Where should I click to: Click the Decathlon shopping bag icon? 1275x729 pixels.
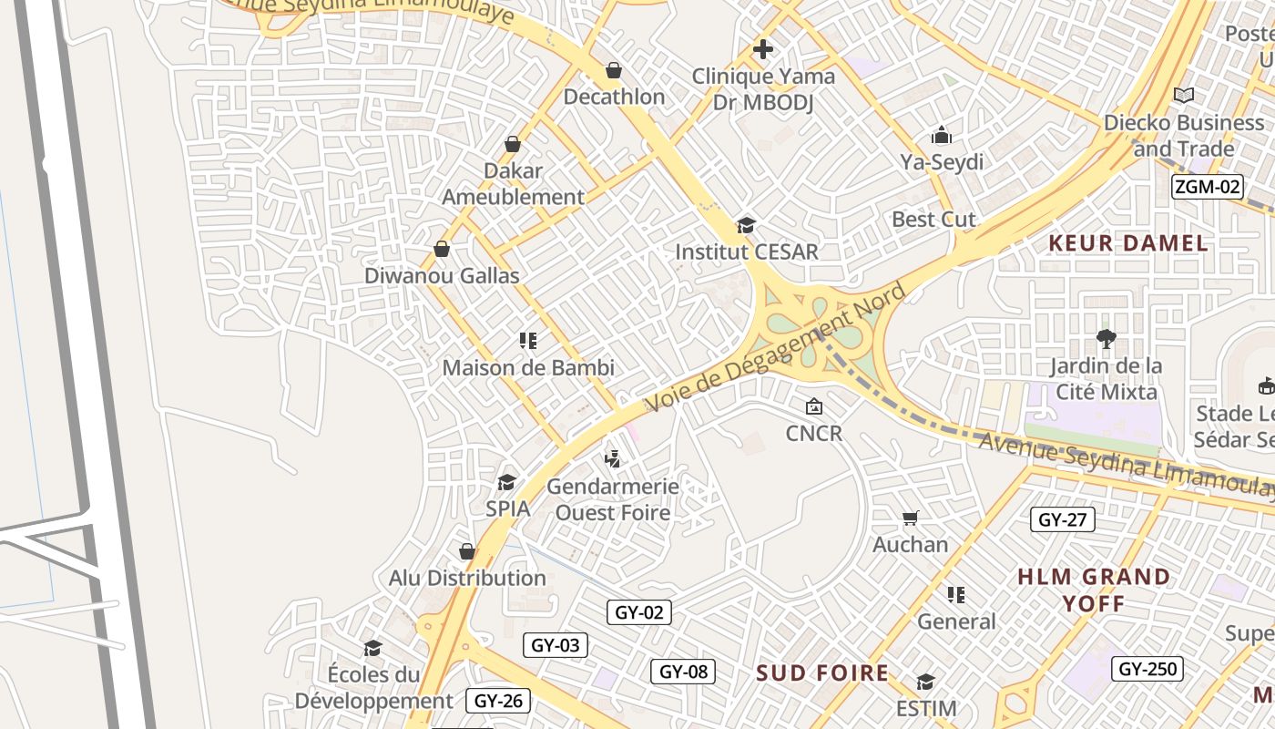point(614,70)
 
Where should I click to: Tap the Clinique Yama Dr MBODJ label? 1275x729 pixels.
point(763,89)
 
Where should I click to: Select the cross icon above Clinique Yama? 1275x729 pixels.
point(763,49)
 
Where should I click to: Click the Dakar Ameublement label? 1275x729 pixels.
point(514,183)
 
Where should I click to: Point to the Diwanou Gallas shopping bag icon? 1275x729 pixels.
point(442,249)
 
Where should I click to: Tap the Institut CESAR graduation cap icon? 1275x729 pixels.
point(746,225)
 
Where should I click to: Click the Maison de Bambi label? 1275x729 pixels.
point(528,368)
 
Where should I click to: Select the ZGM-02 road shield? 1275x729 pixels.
point(1207,187)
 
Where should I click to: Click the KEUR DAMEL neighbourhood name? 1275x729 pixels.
point(1128,243)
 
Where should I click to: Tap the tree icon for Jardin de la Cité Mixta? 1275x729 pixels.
point(1107,339)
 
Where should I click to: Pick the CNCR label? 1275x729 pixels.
point(814,433)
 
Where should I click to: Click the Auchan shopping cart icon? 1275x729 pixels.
point(910,519)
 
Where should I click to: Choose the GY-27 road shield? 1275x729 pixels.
point(1063,520)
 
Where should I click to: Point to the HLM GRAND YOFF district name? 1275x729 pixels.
point(1094,590)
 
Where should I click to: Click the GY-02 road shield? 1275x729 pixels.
point(639,612)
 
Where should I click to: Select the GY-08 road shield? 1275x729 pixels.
point(683,672)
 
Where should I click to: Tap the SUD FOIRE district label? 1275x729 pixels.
point(822,673)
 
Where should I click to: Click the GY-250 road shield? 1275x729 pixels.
point(1147,669)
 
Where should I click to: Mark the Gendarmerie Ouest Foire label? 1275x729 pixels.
point(613,499)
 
